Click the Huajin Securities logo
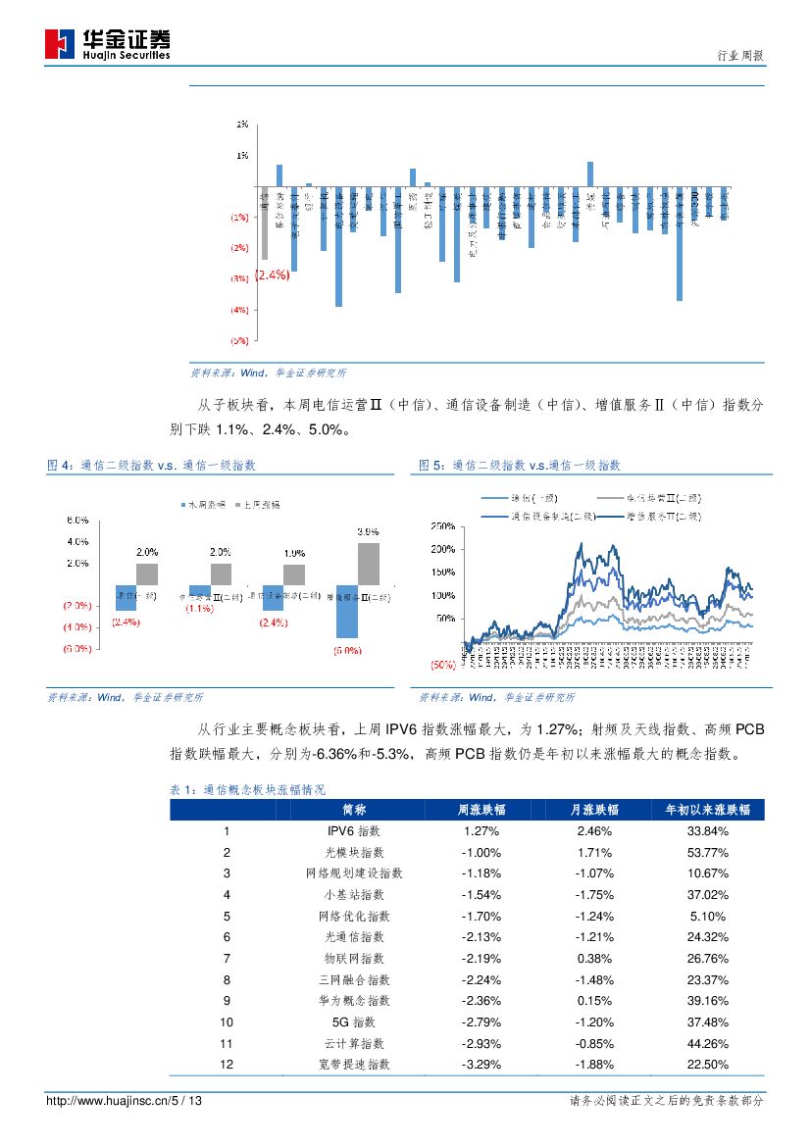pos(107,44)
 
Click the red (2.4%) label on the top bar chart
pos(272,275)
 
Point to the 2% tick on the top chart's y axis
pos(241,125)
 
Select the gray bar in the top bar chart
pos(265,223)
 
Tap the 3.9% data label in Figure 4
pos(368,531)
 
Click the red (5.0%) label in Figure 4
pos(348,650)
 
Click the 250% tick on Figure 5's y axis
pos(443,526)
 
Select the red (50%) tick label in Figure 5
pos(443,664)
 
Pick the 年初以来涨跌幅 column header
pos(707,810)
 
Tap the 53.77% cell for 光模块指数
pos(707,853)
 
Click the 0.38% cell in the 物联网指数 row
pos(594,957)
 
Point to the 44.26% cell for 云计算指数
pos(707,1043)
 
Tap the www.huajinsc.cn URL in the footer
pos(125,1101)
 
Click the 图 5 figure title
pos(520,466)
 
